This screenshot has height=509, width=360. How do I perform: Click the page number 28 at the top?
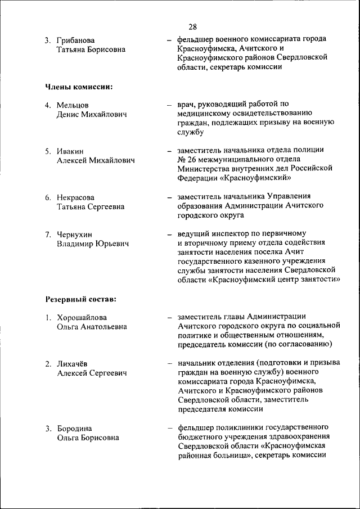click(192, 27)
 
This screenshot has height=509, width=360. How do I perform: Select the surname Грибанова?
click(75, 40)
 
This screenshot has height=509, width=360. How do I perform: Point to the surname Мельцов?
click(73, 105)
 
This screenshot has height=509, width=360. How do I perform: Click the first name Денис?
click(69, 115)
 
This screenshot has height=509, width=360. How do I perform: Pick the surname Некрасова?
click(75, 197)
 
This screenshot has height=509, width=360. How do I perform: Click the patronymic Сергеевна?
click(105, 206)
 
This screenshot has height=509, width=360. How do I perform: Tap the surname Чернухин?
click(74, 234)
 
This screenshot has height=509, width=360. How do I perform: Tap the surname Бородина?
click(74, 429)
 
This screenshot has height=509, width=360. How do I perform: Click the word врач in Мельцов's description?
click(186, 104)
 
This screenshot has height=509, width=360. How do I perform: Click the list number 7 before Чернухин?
click(48, 234)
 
